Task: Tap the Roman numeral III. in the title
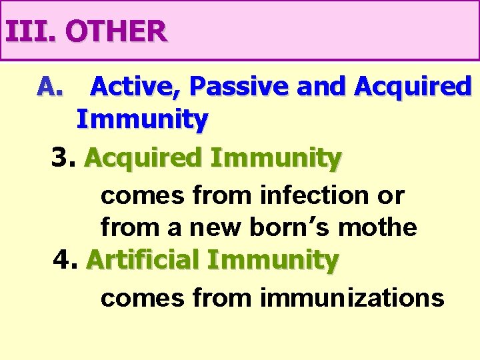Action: tap(31, 31)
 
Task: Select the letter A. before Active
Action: tap(50, 86)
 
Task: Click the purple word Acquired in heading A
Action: tap(413, 86)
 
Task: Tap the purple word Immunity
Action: tap(142, 120)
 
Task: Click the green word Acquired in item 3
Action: tap(143, 159)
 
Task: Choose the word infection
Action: tap(313, 195)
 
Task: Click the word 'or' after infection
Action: tap(391, 195)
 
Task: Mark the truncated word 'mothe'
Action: tap(378, 227)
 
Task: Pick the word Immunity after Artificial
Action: tap(273, 259)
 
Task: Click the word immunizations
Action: tap(352, 297)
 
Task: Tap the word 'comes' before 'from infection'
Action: tap(142, 195)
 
